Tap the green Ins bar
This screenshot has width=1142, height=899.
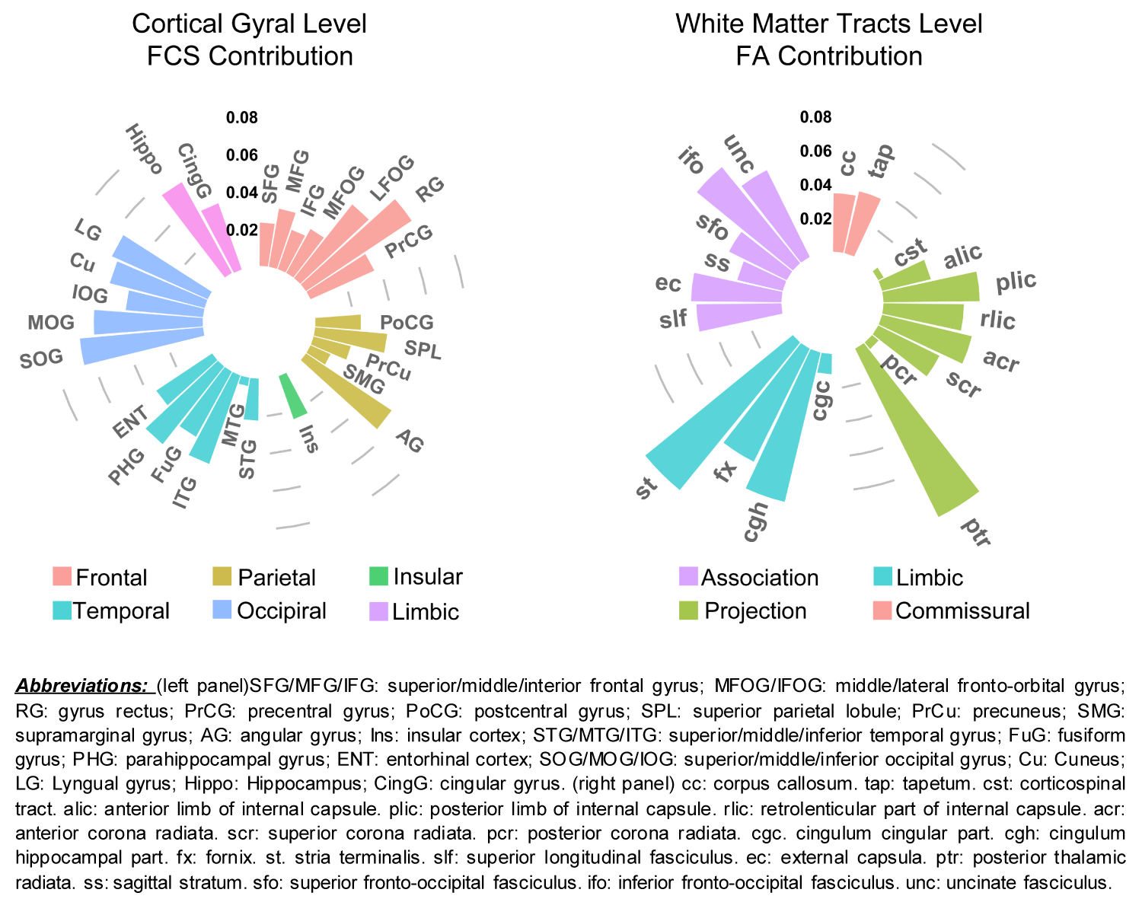pos(292,396)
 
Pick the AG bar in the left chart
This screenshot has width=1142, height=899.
pos(350,392)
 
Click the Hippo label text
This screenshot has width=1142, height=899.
pos(143,148)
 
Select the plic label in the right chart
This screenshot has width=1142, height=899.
pos(1016,282)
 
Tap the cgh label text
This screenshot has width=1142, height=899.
pos(755,521)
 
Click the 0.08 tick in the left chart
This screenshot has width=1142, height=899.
pos(241,118)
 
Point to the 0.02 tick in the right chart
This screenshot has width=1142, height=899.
pos(815,219)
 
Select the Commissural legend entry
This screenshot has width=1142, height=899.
pos(962,610)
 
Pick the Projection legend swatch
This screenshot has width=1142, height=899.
pos(688,610)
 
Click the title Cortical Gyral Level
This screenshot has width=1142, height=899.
pos(249,24)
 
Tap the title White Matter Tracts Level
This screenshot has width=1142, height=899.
pos(829,24)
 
